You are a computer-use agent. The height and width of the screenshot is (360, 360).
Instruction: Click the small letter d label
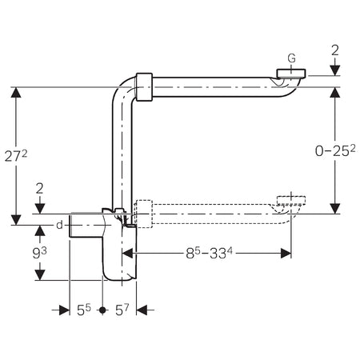[59, 226]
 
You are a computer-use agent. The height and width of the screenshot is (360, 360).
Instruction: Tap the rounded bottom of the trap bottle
[122, 274]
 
